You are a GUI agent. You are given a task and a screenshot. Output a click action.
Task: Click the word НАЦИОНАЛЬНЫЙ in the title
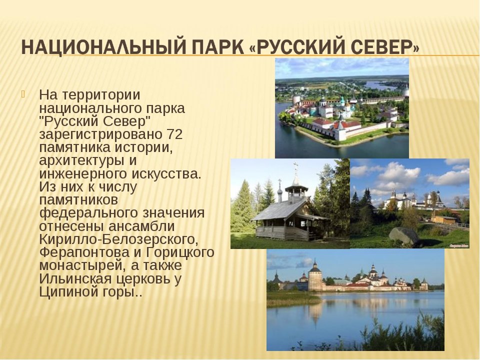[103, 47]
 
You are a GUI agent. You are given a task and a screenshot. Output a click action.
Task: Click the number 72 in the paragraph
[175, 134]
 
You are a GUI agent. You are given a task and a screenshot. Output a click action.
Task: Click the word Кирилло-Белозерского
[119, 239]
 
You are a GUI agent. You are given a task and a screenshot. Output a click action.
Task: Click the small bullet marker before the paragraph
[23, 94]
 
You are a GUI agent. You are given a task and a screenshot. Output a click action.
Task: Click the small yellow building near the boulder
[443, 219]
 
